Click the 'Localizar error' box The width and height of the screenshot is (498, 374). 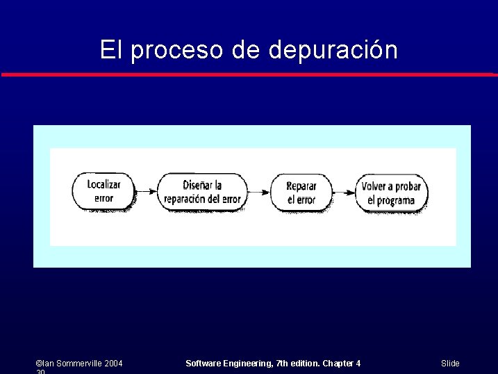[x=103, y=192]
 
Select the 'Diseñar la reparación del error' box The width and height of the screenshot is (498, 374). [x=202, y=192]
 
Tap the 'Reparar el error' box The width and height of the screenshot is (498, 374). [x=301, y=193]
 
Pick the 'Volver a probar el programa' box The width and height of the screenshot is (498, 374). [x=391, y=193]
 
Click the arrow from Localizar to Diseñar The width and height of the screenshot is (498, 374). [x=146, y=192]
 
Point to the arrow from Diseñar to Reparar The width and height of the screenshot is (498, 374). [x=258, y=192]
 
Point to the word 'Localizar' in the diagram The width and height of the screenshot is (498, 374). [x=103, y=185]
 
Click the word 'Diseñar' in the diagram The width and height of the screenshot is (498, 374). [x=197, y=185]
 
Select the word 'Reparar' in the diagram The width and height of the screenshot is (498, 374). [x=301, y=186]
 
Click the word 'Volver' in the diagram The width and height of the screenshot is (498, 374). [x=375, y=186]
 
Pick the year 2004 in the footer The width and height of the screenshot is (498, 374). [x=113, y=364]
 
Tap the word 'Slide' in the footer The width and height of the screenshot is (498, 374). [x=450, y=364]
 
